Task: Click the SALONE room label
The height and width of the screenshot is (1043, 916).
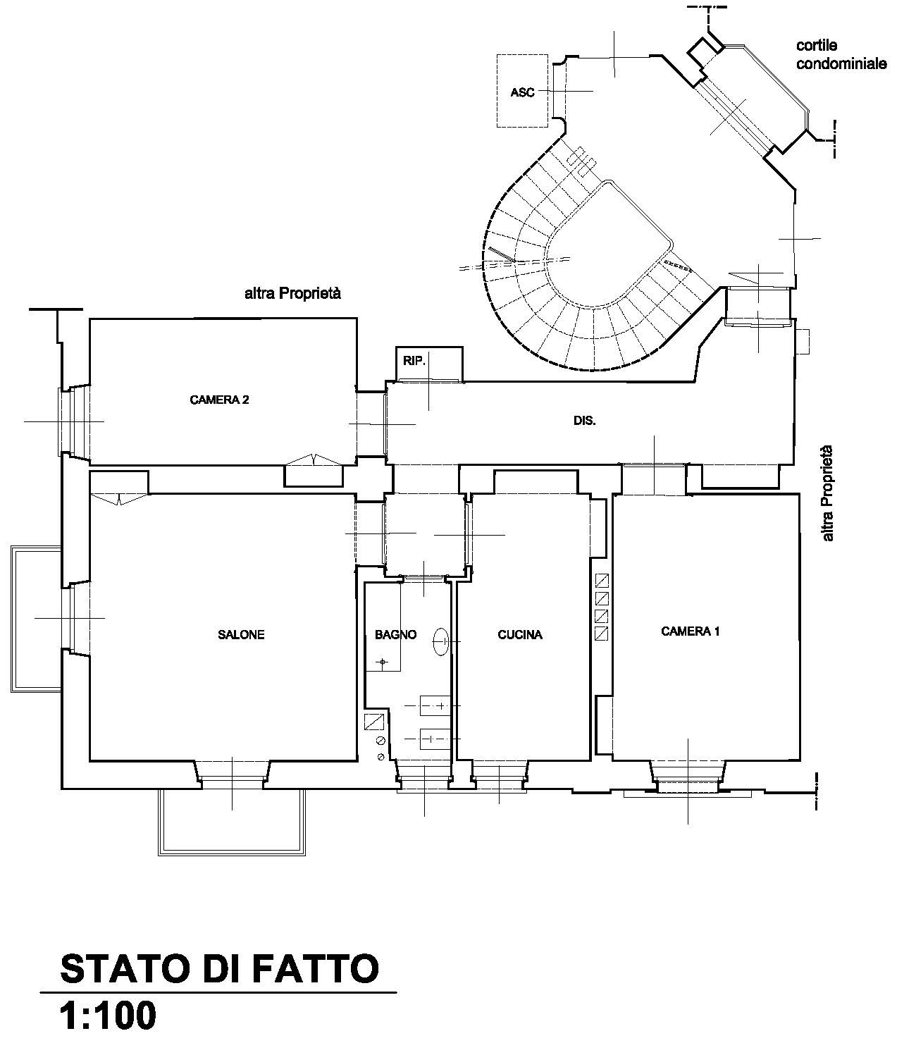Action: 241,635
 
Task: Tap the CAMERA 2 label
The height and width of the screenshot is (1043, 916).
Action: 219,400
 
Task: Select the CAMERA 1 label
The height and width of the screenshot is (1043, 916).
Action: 690,631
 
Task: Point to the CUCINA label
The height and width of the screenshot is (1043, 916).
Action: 520,635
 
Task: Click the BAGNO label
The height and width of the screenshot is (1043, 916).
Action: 395,635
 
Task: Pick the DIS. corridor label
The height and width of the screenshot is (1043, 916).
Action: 584,421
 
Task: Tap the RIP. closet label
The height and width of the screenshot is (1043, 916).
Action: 414,361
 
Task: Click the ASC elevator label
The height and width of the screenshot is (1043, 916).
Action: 522,92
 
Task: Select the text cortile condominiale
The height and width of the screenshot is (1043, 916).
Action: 841,54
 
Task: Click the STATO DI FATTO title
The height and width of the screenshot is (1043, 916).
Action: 219,968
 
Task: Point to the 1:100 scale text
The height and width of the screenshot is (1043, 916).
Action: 108,1016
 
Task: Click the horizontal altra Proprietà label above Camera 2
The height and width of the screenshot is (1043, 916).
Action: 292,293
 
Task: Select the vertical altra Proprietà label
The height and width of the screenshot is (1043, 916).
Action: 827,493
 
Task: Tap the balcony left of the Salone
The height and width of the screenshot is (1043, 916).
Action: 36,619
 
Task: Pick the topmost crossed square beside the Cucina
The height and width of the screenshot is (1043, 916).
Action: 602,581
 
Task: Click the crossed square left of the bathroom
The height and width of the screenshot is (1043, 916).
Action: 374,722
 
